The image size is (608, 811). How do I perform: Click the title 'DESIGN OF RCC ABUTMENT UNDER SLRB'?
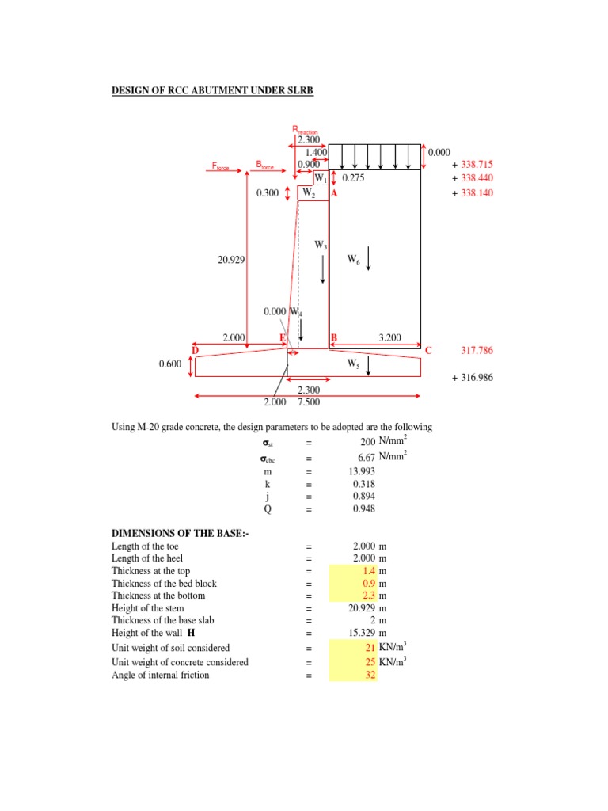point(212,91)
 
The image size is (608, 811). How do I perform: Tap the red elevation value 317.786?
point(477,350)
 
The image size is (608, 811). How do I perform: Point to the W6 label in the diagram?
point(354,259)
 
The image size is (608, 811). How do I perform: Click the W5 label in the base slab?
point(353,364)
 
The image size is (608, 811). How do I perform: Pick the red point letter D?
point(195,350)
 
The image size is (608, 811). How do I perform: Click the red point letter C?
point(428,350)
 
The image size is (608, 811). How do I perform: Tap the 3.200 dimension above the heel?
point(390,338)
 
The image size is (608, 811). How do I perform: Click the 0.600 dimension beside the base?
point(170,364)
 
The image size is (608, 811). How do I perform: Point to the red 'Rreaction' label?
point(305,129)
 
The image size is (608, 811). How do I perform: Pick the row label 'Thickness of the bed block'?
point(164,584)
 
